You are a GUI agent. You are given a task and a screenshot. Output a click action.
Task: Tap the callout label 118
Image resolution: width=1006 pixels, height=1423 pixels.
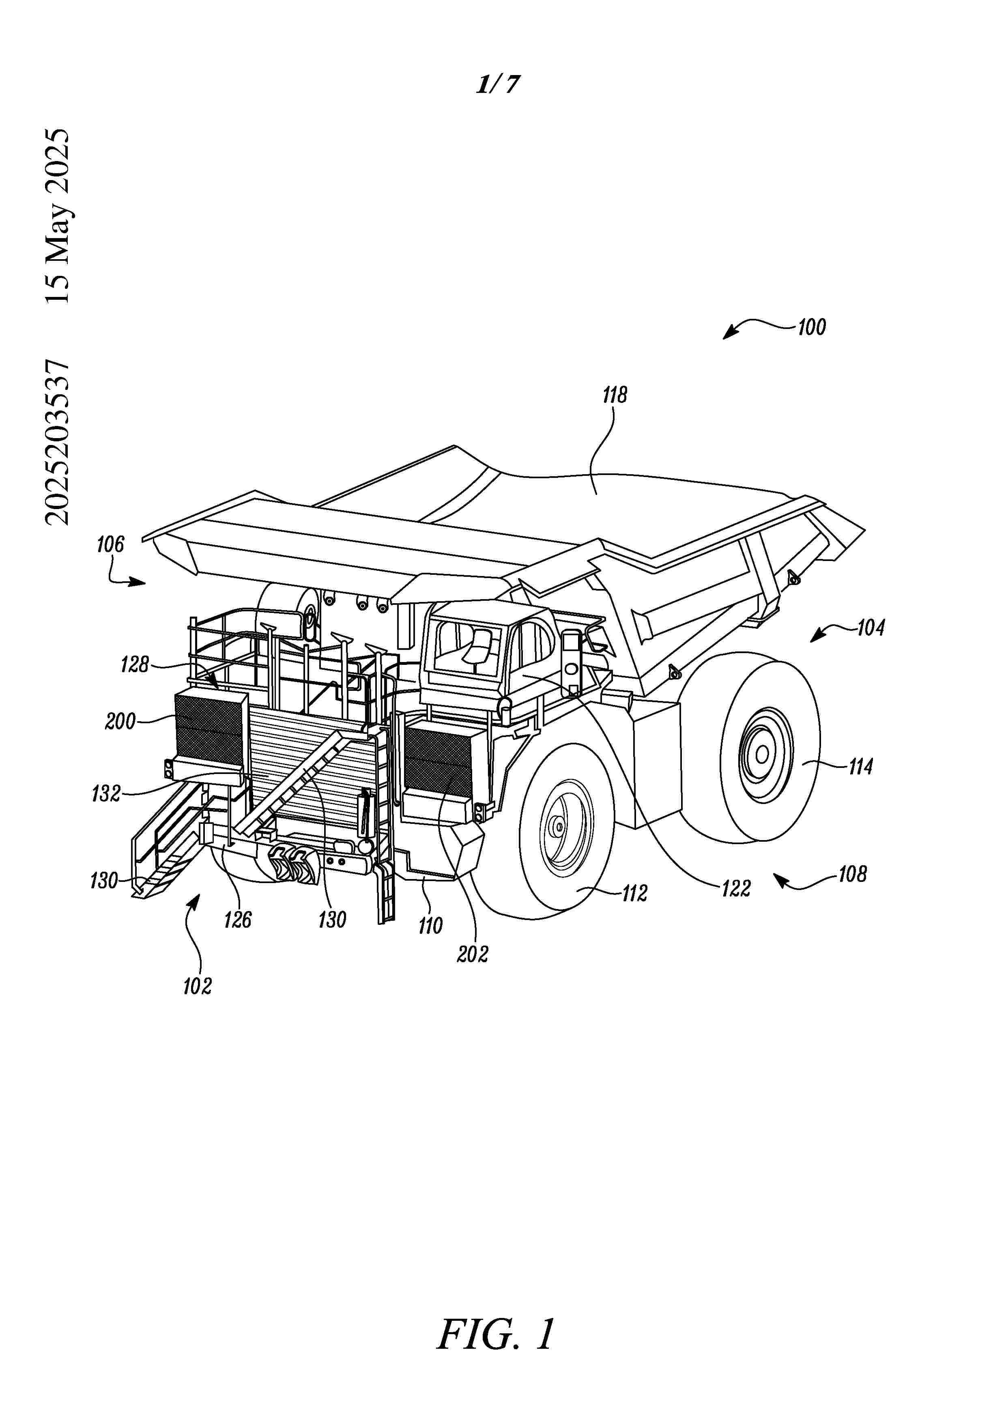tap(615, 395)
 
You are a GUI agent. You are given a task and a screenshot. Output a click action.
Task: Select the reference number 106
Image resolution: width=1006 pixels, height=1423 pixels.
tap(110, 545)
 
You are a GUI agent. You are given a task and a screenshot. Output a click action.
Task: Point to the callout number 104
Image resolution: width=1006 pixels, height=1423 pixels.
tap(871, 628)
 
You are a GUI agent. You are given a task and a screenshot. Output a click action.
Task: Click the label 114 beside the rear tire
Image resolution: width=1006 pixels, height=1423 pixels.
tap(860, 767)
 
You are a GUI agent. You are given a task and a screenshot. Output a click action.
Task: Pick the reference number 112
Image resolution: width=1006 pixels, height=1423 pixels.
tap(635, 893)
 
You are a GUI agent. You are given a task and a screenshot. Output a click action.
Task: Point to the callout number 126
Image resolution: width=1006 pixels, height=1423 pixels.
tap(238, 920)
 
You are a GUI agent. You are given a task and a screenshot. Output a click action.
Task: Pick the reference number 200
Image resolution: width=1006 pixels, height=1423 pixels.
tap(120, 721)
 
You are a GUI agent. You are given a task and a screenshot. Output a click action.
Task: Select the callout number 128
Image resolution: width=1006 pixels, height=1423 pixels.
tap(135, 665)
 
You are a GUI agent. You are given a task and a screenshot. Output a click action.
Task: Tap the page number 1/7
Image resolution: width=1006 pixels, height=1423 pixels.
tap(498, 85)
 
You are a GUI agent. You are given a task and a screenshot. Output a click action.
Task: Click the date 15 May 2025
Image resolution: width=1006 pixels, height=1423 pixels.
tap(58, 216)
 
